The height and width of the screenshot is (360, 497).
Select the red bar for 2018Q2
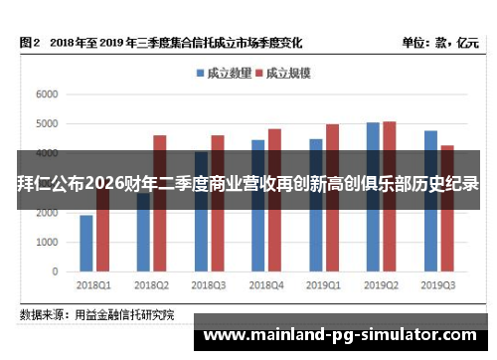pyautogui.click(x=159, y=229)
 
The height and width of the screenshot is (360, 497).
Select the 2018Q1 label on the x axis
pyautogui.click(x=93, y=284)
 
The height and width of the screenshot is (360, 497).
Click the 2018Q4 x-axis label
pyautogui.click(x=266, y=284)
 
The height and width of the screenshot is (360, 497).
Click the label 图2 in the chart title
pyautogui.click(x=29, y=44)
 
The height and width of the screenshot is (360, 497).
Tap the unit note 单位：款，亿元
pyautogui.click(x=439, y=44)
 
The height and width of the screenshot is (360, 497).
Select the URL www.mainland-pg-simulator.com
pyautogui.click(x=342, y=335)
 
